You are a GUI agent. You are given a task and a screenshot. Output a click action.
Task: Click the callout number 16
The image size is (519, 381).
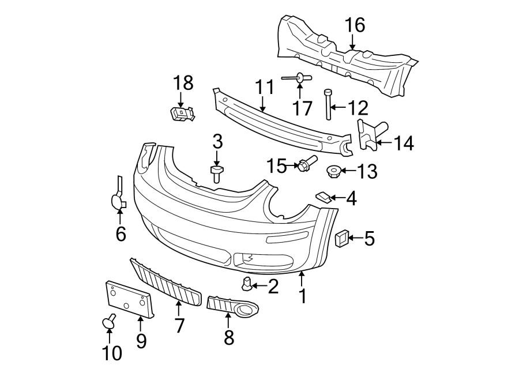coord(355,25)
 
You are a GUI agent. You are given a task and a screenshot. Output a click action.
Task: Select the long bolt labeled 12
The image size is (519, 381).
coord(328,104)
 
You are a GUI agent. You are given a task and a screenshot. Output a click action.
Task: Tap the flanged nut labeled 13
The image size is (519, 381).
coord(332,171)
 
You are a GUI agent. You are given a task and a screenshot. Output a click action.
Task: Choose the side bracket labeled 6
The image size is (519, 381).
coord(118,195)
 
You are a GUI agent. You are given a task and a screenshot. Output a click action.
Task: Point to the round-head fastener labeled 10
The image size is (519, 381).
coord(108,322)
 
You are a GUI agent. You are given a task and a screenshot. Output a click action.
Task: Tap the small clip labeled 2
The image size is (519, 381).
coord(247,283)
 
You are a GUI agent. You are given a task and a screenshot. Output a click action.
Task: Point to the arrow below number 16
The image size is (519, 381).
coord(352,41)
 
